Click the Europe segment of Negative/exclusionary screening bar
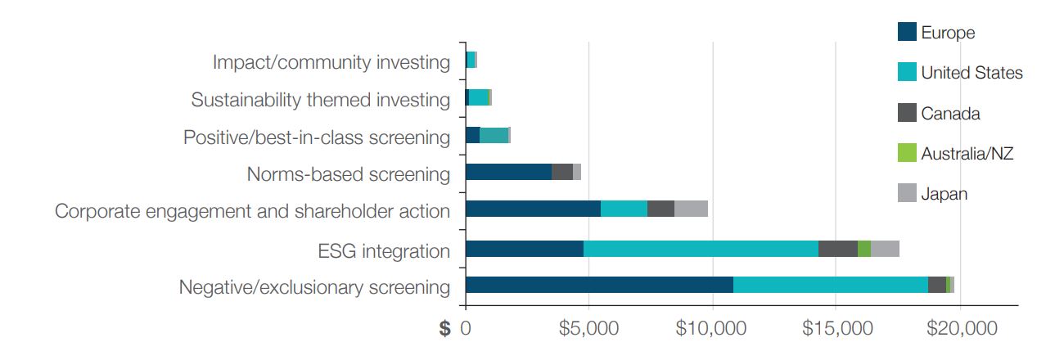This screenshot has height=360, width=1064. pyautogui.click(x=599, y=285)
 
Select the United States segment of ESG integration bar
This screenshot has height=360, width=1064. pyautogui.click(x=701, y=249)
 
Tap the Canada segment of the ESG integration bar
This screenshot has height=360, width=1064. pyautogui.click(x=837, y=249)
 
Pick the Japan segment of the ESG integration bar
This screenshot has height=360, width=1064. pyautogui.click(x=885, y=249)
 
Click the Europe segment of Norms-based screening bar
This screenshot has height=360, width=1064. pyautogui.click(x=508, y=172)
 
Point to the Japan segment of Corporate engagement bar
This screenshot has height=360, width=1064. pyautogui.click(x=691, y=209)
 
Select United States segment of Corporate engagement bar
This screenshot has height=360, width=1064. pyautogui.click(x=624, y=209)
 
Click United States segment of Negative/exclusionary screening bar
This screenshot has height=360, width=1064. pyautogui.click(x=830, y=285)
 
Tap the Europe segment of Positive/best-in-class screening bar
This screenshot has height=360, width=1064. pyautogui.click(x=472, y=135)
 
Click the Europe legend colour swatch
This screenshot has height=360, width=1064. pyautogui.click(x=907, y=33)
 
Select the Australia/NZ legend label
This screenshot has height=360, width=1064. pyautogui.click(x=967, y=153)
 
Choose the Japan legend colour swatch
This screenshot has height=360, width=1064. pyautogui.click(x=907, y=193)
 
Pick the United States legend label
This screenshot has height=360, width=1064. pyautogui.click(x=972, y=73)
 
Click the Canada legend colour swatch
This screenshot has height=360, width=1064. pyautogui.click(x=907, y=113)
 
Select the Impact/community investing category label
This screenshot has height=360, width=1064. pyautogui.click(x=331, y=62)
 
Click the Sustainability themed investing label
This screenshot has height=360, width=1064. pyautogui.click(x=321, y=100)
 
